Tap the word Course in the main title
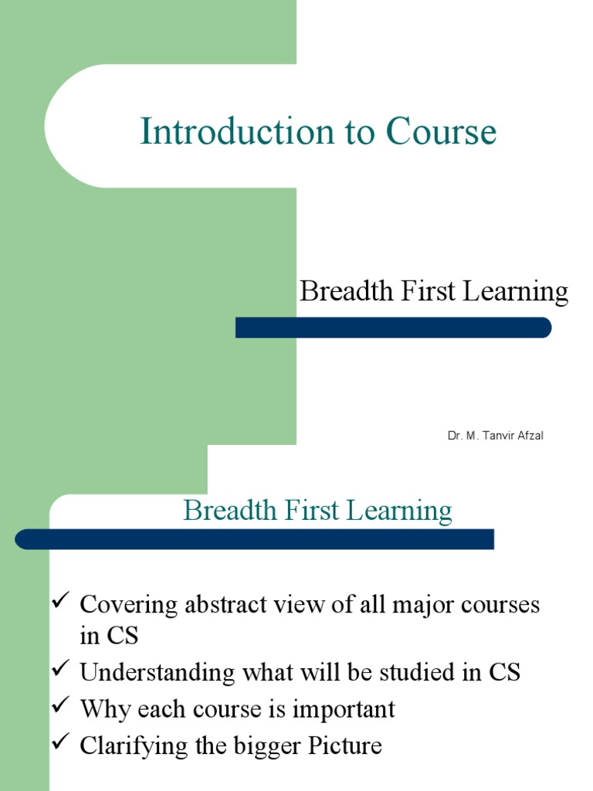[x=441, y=132]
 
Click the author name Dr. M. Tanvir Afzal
[x=496, y=436]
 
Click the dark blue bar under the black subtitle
[x=393, y=328]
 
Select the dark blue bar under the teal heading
[x=255, y=539]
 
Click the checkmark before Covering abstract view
[x=61, y=602]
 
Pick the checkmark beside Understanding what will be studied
[x=61, y=669]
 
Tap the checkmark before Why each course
[x=61, y=706]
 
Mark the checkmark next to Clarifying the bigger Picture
[x=61, y=743]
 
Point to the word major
[x=418, y=606]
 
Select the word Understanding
[x=154, y=673]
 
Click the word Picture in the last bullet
[x=345, y=746]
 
